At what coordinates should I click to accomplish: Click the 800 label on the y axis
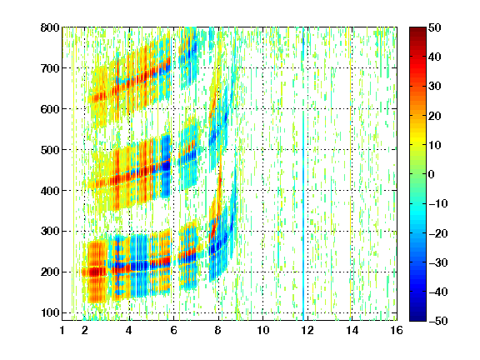point(50,27)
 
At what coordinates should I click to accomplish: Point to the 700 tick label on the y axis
point(50,68)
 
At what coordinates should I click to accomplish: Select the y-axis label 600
point(50,109)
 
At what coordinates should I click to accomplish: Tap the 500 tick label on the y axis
point(50,150)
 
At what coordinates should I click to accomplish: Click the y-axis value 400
point(50,191)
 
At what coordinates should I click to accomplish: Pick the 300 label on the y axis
point(50,232)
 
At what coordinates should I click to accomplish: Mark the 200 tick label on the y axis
point(50,272)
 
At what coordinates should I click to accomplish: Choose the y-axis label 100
point(50,312)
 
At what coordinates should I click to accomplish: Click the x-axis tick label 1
point(62,330)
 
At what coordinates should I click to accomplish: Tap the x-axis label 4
point(129,330)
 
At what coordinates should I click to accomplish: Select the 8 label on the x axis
point(217,330)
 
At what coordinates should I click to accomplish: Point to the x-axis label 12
point(307,330)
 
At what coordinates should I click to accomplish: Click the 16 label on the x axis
point(397,330)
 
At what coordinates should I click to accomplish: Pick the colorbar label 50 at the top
point(434,27)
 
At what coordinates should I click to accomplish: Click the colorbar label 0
point(432,174)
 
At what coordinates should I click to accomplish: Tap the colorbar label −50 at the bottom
point(437,321)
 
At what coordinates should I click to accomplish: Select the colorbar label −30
point(437,262)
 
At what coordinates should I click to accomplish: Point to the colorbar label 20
point(434,116)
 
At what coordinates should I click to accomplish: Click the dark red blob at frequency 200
point(95,272)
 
